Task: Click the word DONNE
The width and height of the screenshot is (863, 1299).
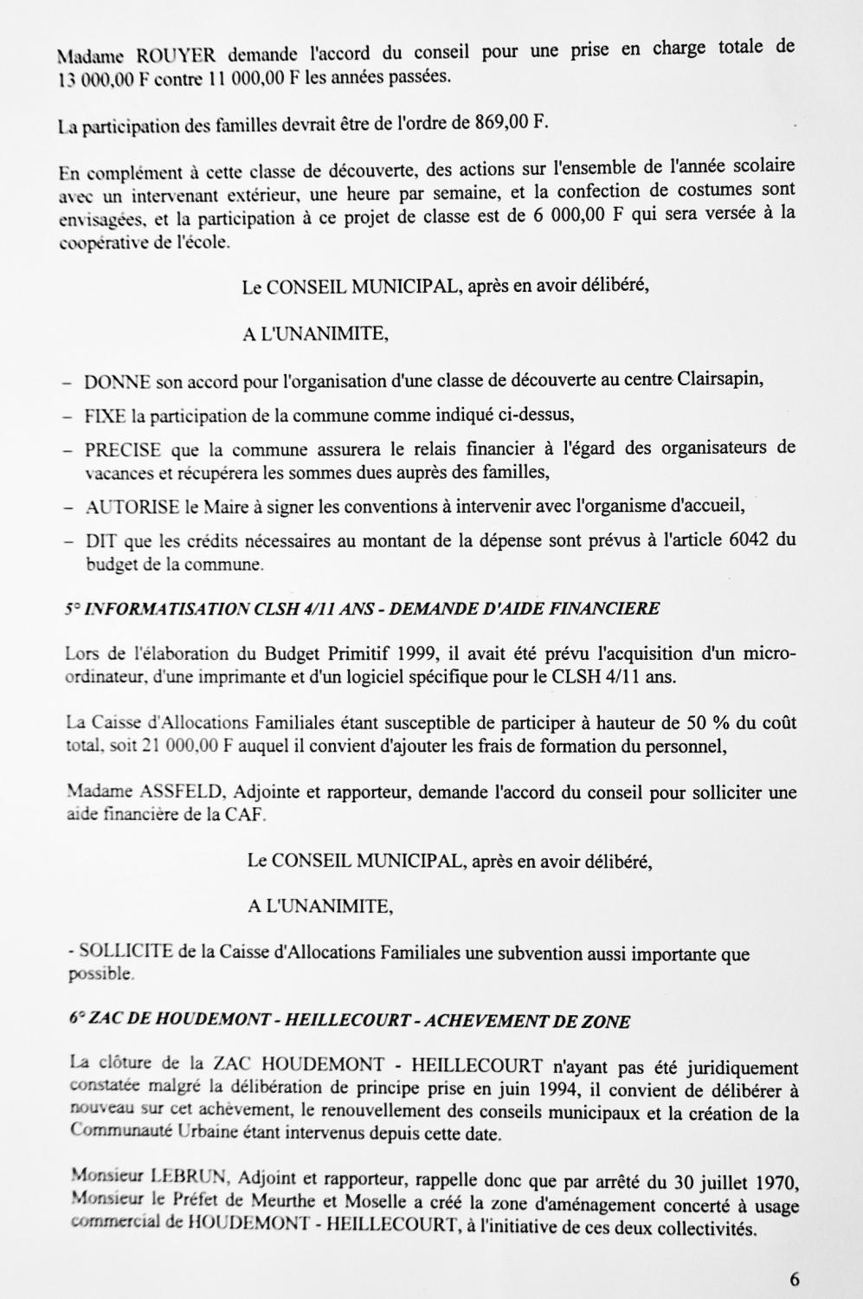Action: pyautogui.click(x=118, y=382)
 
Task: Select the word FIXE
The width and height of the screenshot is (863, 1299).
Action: pyautogui.click(x=106, y=416)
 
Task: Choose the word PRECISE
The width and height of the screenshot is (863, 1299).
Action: pyautogui.click(x=123, y=449)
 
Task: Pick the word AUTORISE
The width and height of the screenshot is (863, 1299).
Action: pyautogui.click(x=132, y=507)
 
